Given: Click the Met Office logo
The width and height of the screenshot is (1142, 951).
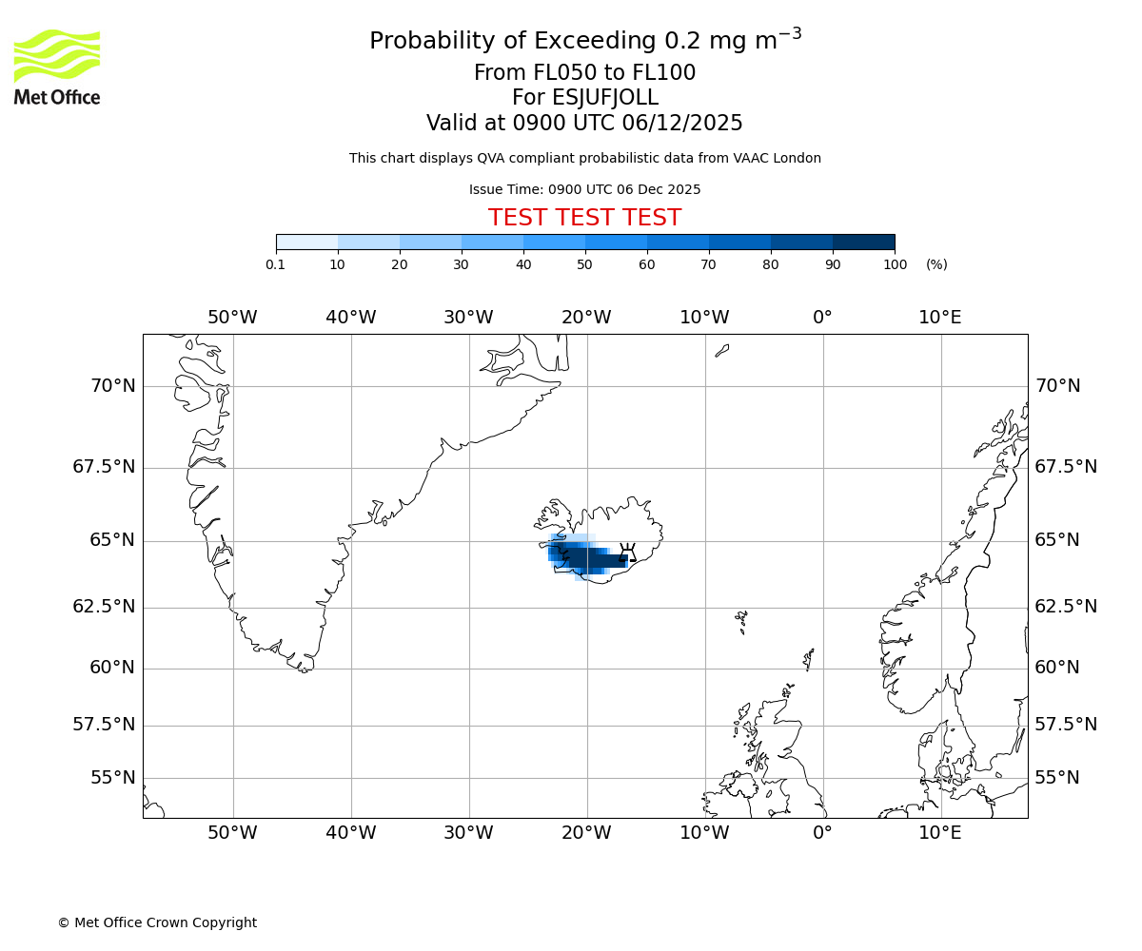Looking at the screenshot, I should tap(57, 67).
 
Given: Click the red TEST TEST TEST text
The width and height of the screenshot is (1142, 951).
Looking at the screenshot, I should tap(584, 218).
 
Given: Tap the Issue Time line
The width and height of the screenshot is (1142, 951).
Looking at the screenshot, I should tap(584, 189).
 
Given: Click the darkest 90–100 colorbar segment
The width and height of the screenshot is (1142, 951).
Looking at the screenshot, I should tap(863, 242).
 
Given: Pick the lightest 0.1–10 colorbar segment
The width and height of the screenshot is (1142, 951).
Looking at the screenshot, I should tap(306, 242).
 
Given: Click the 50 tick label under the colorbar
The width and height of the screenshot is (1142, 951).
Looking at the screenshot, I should tap(584, 264).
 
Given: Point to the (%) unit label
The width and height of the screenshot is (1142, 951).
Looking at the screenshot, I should tap(936, 264).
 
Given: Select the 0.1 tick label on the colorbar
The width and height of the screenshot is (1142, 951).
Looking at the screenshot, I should tap(275, 264).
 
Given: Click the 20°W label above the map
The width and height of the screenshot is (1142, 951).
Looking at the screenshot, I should tap(586, 317).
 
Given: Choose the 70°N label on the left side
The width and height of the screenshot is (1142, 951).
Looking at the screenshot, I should tap(112, 386).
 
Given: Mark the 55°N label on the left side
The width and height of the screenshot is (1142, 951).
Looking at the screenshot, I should tap(112, 778).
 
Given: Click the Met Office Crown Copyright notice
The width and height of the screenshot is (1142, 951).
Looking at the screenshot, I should tap(157, 922).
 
